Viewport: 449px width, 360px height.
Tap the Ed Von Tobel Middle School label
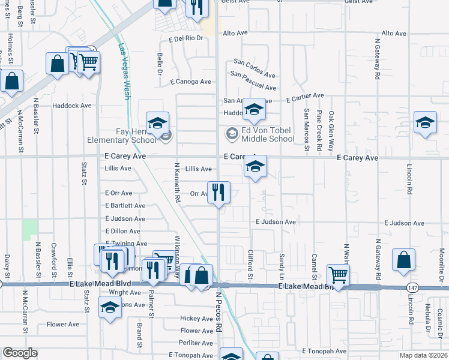(x=267, y=135)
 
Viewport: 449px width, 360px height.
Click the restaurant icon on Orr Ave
(x=219, y=193)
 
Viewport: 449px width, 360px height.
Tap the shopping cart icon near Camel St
(x=339, y=276)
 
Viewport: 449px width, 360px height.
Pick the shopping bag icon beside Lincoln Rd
(x=404, y=260)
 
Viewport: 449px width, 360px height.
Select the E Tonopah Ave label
(x=324, y=351)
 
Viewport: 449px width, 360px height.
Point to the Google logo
(x=20, y=353)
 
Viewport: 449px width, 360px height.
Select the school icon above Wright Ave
(x=109, y=308)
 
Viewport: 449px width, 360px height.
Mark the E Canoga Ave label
(x=191, y=82)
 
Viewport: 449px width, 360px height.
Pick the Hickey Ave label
(x=197, y=319)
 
